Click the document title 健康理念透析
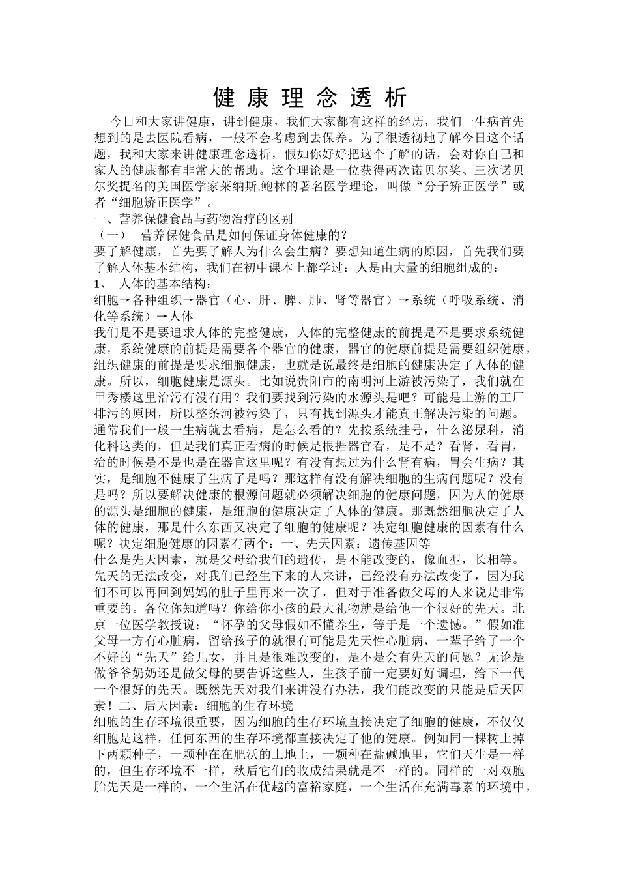(310, 98)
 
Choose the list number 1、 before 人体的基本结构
(101, 284)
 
